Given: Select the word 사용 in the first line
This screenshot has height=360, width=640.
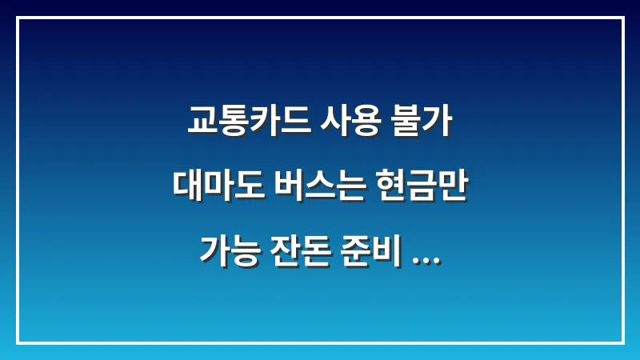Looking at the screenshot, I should (341, 126).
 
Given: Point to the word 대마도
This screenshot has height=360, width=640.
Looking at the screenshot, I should (214, 189).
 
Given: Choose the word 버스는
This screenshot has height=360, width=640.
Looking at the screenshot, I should (314, 189).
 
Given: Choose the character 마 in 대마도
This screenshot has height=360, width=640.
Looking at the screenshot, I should (214, 189).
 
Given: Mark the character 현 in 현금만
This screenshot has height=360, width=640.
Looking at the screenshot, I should (387, 189).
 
